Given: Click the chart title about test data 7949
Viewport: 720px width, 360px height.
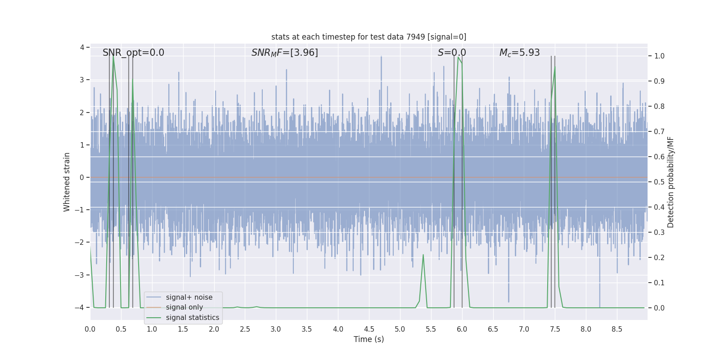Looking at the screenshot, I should pos(369,37).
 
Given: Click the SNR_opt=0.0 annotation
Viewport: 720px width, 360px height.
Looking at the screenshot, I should pos(133,53).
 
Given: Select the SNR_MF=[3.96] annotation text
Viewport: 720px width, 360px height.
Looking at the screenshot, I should pos(284,53).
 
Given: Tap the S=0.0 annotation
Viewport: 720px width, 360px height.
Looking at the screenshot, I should pos(452,53).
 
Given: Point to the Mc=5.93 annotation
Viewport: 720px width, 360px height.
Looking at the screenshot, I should pos(519,53).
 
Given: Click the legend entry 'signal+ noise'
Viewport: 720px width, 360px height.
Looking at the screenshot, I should pos(189,297).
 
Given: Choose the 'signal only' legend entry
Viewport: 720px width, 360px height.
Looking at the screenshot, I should pos(184,307).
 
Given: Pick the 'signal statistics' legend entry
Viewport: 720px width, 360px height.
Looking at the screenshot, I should pos(192,318).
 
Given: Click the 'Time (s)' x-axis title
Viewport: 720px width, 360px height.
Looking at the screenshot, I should pos(369,339).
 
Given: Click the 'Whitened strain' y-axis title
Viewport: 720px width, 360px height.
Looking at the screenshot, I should pos(67,182).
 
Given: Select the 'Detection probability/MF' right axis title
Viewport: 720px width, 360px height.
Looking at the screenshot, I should pos(670,182).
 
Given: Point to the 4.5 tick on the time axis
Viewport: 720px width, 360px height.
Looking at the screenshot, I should pos(369,329).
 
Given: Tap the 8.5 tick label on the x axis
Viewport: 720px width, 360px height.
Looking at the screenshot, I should pos(617,329).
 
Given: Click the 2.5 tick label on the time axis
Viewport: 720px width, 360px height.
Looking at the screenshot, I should pos(245,329).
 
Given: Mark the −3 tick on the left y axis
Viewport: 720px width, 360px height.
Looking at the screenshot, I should pos(81,275).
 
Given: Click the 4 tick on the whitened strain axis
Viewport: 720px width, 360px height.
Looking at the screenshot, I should pos(82,47).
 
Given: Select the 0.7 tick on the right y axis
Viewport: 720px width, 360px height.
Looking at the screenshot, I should pos(659,132).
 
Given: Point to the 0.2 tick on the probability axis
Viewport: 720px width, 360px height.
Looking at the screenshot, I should pos(659,258).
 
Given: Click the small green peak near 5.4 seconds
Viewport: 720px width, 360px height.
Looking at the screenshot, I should pos(423,255).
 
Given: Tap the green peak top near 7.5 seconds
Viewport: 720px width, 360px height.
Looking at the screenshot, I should pos(555,67).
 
